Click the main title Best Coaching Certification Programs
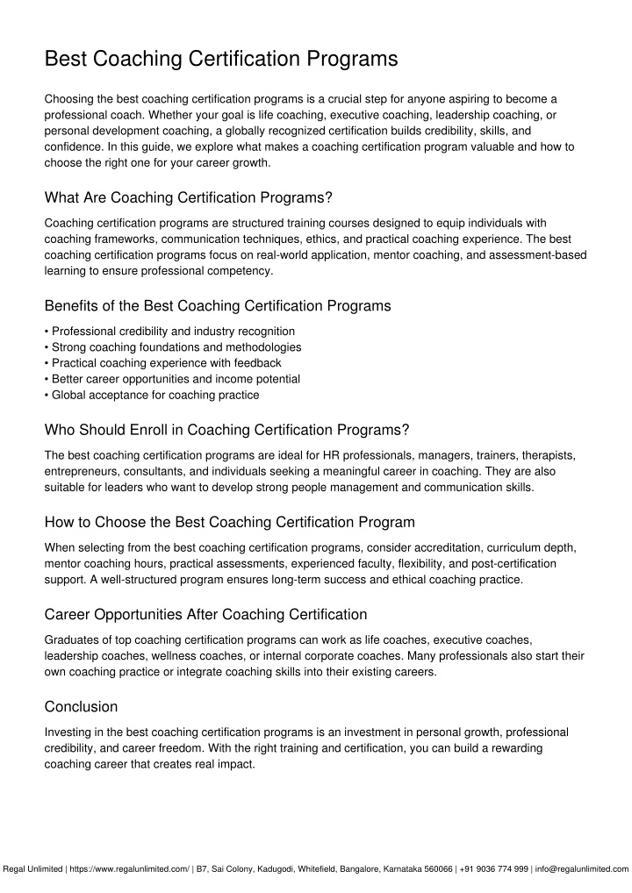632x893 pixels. coord(221,60)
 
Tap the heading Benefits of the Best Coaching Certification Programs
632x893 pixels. coord(217,306)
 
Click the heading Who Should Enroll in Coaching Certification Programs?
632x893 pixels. coord(226,430)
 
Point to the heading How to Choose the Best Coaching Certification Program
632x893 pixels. coord(229,522)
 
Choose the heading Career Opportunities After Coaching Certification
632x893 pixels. coord(205,614)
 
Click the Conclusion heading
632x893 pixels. coord(81,706)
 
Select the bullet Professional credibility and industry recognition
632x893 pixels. coord(173,332)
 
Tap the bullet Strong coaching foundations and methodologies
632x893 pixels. coord(176,347)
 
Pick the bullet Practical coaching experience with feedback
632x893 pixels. coord(166,363)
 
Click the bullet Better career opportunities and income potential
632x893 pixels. coord(176,379)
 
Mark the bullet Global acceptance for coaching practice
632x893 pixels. coord(155,395)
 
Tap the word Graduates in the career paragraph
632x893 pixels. coord(71,639)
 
